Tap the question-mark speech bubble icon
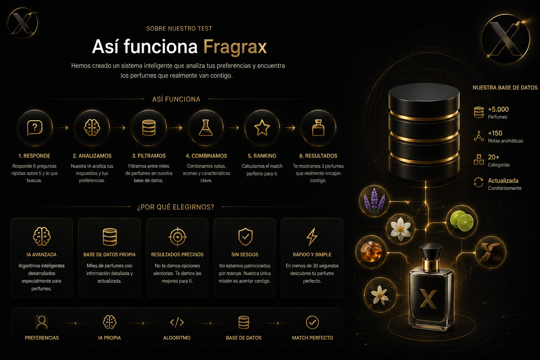(35, 128)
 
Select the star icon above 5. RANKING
(262, 128)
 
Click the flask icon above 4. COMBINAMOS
(206, 128)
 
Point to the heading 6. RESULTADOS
(318, 156)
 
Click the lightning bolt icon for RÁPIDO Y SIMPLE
(312, 237)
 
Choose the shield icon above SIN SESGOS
(245, 237)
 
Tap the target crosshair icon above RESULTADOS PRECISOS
(178, 237)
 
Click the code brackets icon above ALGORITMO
(177, 322)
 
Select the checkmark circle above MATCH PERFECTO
(313, 322)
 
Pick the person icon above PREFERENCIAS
(42, 322)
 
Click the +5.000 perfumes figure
(498, 109)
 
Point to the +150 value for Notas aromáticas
(495, 133)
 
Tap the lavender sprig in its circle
(374, 201)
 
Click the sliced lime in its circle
(462, 221)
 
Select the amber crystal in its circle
(371, 251)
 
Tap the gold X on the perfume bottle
(429, 299)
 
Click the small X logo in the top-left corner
(22, 23)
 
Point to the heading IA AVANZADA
(41, 255)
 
